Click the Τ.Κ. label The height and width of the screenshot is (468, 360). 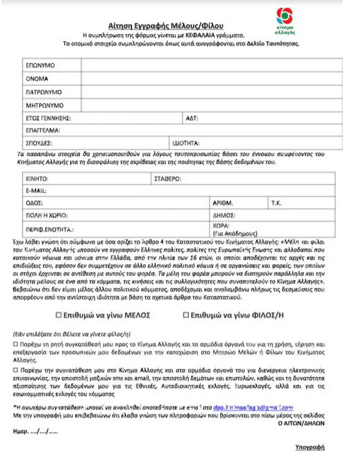coord(276,203)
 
